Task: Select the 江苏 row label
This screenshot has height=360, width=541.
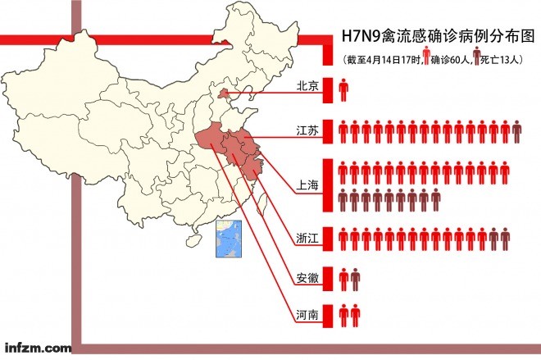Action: pos(309,130)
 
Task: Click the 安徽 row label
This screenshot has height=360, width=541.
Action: pos(309,278)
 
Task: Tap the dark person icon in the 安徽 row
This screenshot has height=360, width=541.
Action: pos(355,279)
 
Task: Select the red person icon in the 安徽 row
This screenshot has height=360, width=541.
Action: pos(343,279)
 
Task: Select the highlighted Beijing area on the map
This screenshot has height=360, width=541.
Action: pos(221,96)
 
